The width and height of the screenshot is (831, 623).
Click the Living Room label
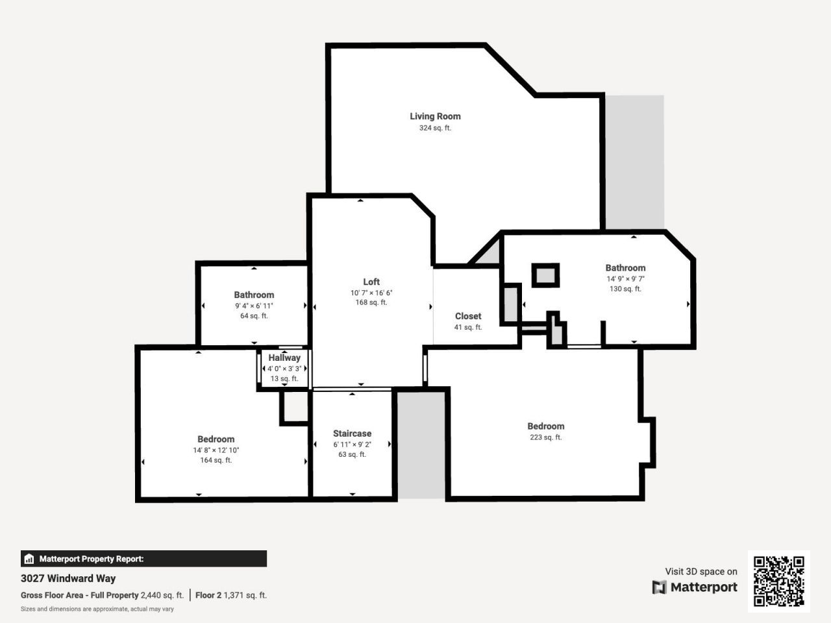pos(435,116)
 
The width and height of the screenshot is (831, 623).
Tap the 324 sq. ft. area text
pos(435,128)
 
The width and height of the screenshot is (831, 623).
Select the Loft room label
pos(371,282)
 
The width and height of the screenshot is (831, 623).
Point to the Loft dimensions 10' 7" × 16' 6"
pos(371,293)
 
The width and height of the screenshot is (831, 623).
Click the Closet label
pos(468,316)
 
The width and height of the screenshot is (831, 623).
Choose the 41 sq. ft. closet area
pos(468,327)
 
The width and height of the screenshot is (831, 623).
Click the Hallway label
pos(284,358)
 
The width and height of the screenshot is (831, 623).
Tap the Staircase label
pos(353,434)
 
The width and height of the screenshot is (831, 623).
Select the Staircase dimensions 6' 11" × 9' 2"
pos(353,445)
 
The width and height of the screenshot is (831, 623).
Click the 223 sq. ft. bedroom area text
pos(545,437)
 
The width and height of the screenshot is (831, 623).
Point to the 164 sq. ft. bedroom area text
pos(216,460)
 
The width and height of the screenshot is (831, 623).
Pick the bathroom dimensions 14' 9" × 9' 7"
pos(625,278)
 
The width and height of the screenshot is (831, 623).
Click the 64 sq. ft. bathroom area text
pos(254,316)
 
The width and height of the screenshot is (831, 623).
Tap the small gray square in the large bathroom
pos(546,275)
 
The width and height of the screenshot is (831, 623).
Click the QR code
pos(778,581)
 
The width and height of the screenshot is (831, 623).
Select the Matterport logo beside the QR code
pos(695,587)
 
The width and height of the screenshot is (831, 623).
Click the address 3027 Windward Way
pos(68,578)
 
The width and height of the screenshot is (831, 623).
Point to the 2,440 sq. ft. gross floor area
pos(162,595)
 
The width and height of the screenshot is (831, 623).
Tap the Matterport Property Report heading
pos(92,559)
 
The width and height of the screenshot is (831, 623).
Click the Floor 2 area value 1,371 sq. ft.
pos(245,595)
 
